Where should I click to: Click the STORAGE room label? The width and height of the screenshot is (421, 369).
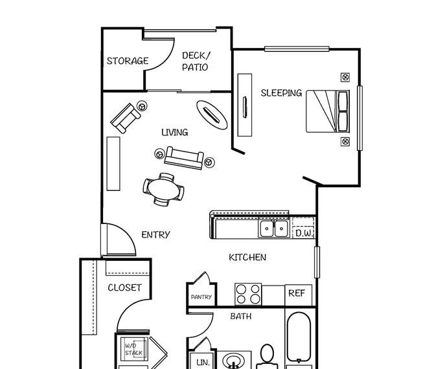tap(128, 61)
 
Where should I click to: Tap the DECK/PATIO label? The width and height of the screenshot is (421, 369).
tap(196, 61)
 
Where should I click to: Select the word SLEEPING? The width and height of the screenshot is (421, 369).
tap(281, 93)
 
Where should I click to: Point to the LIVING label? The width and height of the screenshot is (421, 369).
tap(174, 132)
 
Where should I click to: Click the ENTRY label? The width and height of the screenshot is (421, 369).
tap(155, 235)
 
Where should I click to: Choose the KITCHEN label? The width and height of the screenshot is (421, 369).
tap(247, 258)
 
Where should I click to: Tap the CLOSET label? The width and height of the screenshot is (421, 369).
tap(124, 287)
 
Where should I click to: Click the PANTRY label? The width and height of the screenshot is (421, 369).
tap(201, 297)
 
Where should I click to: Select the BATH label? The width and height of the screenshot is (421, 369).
tap(241, 317)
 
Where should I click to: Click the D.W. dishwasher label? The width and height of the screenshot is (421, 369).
tap(304, 233)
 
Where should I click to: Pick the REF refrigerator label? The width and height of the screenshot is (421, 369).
tap(297, 293)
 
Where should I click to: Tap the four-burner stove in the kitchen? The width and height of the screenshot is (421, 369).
tap(248, 294)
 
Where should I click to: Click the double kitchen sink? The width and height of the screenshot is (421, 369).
tap(274, 229)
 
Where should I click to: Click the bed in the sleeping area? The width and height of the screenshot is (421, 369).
tap(328, 111)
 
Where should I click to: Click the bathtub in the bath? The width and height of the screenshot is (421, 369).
tap(299, 337)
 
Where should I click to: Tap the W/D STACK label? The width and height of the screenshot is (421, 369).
tap(133, 349)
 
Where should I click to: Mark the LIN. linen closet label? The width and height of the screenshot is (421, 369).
tap(203, 363)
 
